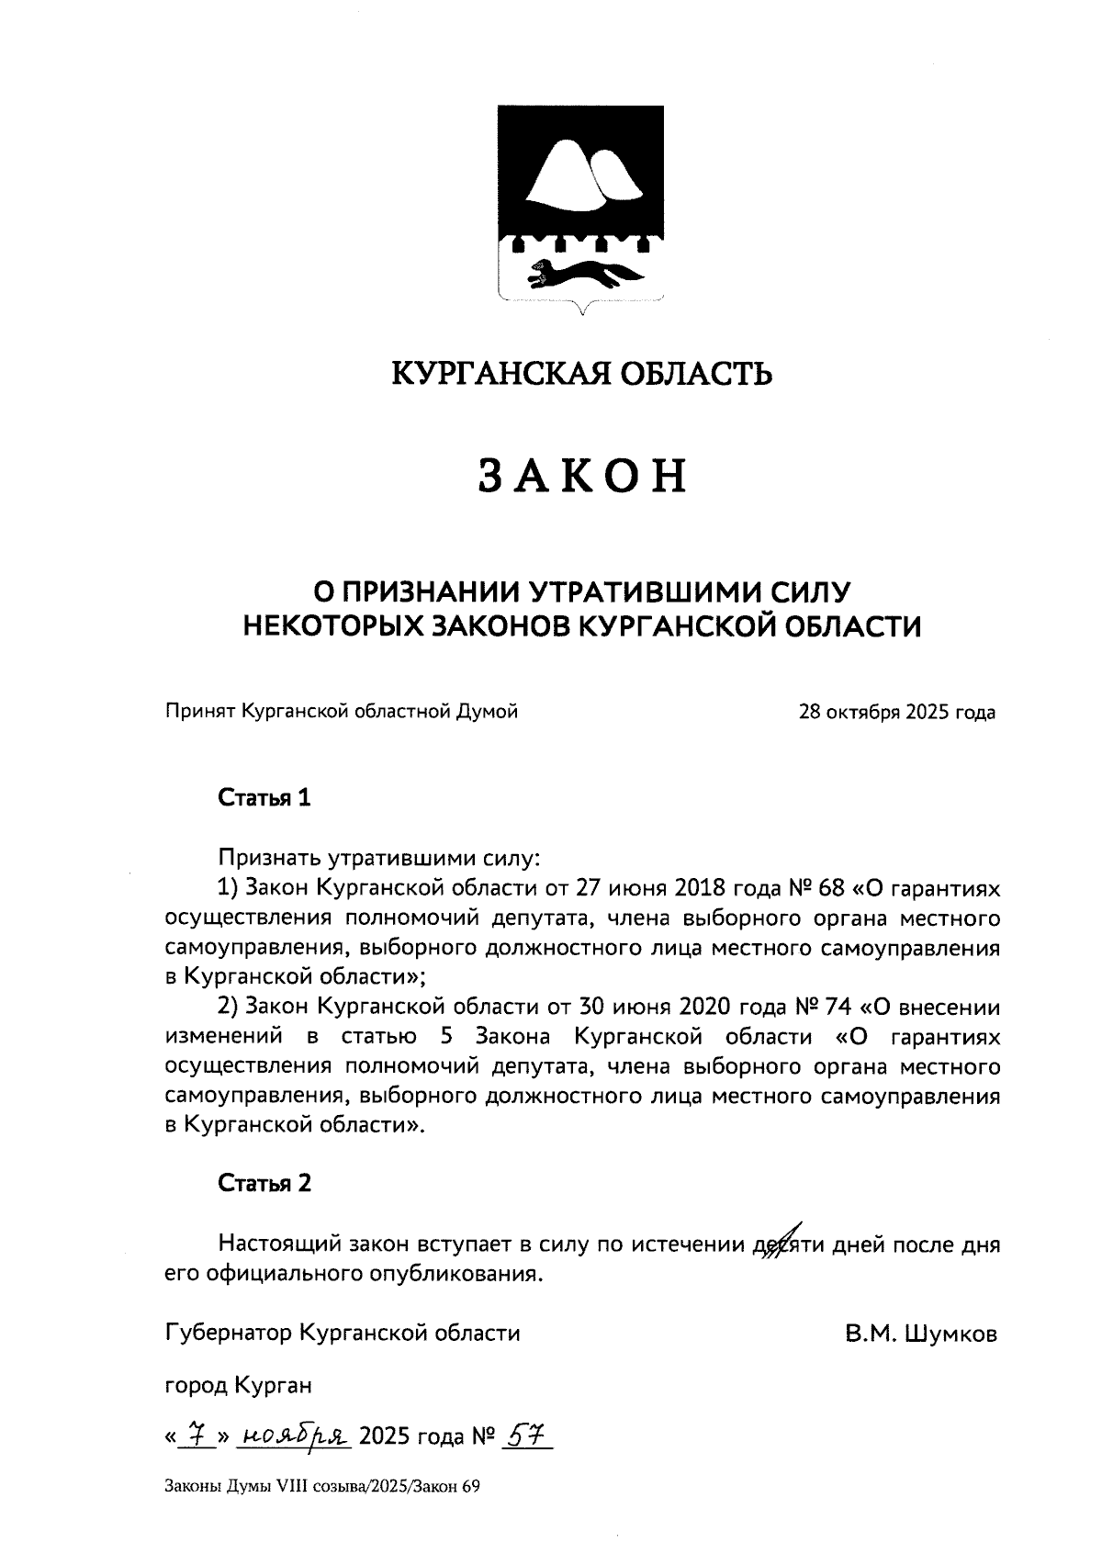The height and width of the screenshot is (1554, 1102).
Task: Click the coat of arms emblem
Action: click(579, 207)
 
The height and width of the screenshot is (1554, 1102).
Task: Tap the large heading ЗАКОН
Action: click(583, 476)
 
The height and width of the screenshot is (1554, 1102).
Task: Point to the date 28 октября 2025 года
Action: click(897, 712)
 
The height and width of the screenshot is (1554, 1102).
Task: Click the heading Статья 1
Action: click(264, 798)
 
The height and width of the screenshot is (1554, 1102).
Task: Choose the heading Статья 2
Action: click(264, 1183)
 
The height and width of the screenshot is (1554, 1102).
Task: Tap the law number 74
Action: click(839, 1008)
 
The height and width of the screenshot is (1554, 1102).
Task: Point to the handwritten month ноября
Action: click(294, 1436)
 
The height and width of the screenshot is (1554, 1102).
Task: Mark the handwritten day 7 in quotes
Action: click(195, 1435)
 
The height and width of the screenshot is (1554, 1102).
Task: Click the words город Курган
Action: click(238, 1385)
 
